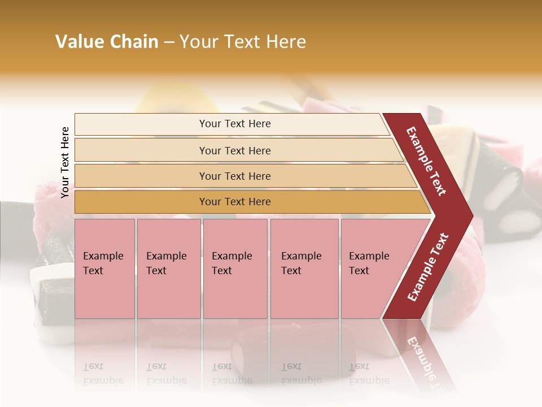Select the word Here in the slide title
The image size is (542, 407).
286,42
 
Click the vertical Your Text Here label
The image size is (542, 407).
65,162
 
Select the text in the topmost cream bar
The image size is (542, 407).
235,124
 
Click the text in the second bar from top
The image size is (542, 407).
235,150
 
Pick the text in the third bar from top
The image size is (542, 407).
235,176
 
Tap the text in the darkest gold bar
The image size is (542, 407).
235,202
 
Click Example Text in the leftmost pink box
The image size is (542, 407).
103,263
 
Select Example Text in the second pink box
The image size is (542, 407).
166,263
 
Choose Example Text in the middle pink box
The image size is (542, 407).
231,263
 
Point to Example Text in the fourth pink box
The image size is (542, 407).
301,263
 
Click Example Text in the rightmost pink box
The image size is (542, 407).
369,263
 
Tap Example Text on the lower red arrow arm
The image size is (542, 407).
428,267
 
